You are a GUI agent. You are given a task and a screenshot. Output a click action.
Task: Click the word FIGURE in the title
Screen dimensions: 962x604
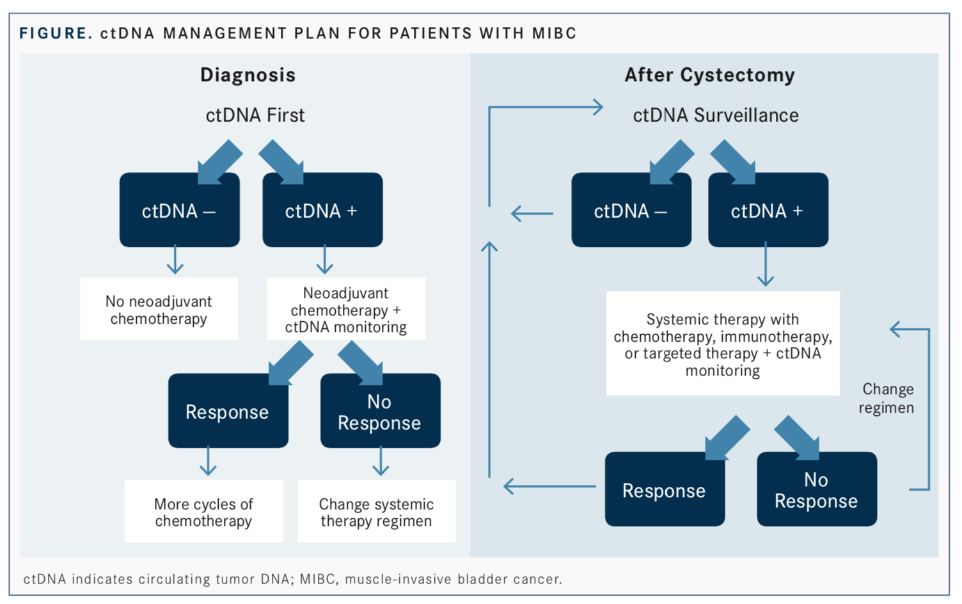coord(56,33)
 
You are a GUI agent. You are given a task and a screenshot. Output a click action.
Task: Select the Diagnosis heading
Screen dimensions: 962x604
coord(248,75)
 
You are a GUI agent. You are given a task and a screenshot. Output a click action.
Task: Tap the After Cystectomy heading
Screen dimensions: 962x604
coord(709,75)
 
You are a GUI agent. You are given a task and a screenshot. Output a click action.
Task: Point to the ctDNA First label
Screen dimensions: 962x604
coord(255,115)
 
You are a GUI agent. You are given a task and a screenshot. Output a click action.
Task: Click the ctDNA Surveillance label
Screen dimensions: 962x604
coord(716,115)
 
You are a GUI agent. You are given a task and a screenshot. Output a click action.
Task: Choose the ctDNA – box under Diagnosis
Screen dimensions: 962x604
coord(180,210)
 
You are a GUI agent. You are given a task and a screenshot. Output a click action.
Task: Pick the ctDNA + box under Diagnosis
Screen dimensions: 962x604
coord(322,210)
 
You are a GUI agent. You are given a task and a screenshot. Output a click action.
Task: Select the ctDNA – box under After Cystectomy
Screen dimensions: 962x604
coord(631,210)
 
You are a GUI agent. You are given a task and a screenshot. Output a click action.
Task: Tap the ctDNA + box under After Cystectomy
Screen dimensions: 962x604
coord(768,210)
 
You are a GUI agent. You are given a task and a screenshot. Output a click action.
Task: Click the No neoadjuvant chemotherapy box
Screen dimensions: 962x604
coord(159,309)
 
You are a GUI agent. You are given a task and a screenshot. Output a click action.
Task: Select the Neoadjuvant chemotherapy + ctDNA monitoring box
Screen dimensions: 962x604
coord(346,309)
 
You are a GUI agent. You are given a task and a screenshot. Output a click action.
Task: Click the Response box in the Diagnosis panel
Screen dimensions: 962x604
coord(228,411)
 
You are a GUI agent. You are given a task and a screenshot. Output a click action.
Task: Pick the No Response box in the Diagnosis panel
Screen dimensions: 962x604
coord(381,411)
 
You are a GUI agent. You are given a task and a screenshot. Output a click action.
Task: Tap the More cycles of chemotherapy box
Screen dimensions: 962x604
coord(204,511)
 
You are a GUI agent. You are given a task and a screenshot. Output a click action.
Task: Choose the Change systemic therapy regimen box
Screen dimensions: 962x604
coord(377,511)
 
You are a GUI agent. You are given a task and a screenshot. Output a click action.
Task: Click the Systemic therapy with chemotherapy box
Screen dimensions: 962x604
coord(723,344)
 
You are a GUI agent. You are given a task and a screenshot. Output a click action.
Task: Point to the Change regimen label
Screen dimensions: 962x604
coord(887,398)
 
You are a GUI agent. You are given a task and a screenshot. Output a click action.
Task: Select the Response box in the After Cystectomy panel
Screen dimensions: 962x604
coord(665,489)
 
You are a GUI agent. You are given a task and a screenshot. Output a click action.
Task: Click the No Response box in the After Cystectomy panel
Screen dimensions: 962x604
coord(817,489)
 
